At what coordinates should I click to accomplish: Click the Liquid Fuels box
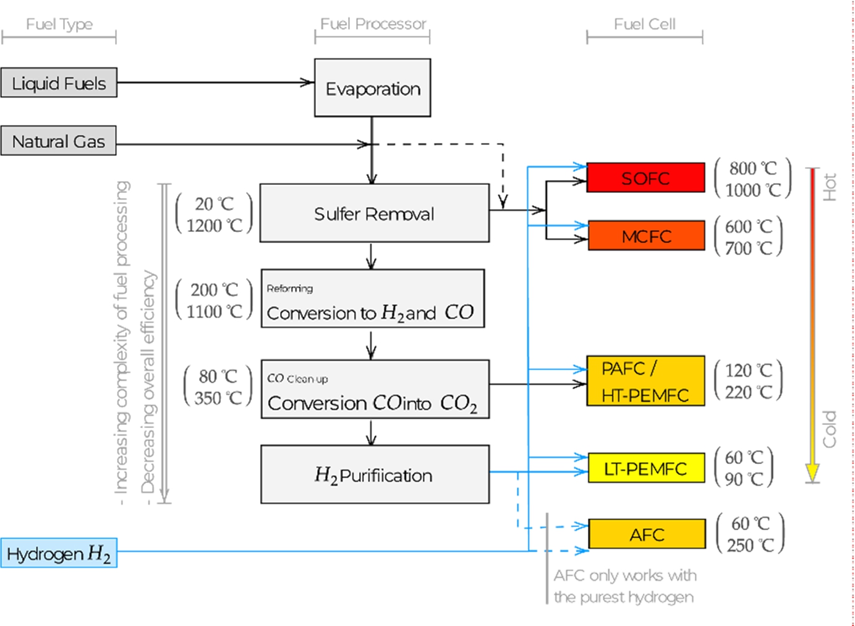point(59,82)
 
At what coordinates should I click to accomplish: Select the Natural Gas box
point(58,140)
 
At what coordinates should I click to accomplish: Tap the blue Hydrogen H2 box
point(59,552)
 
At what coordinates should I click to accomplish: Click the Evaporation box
point(373,88)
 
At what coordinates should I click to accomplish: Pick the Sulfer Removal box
point(375,213)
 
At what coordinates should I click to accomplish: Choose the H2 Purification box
point(375,474)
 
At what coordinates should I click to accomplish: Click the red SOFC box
point(645,178)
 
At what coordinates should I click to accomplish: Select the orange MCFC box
point(646,236)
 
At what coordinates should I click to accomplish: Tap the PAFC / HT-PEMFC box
point(645,381)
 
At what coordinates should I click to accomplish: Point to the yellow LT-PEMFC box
point(646,468)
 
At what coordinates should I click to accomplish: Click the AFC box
point(647,534)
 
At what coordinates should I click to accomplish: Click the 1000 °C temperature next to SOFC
point(753,190)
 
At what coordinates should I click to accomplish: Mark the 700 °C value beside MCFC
point(749,248)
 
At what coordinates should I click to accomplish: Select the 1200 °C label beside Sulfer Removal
point(214,226)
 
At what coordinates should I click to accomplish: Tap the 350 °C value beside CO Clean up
point(218,398)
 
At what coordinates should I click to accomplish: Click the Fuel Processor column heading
point(373,24)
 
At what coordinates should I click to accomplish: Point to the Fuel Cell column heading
point(645,24)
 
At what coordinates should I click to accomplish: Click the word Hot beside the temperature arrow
point(830,187)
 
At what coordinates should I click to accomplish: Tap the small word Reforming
point(290,289)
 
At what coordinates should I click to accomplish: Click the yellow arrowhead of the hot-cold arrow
point(812,472)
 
